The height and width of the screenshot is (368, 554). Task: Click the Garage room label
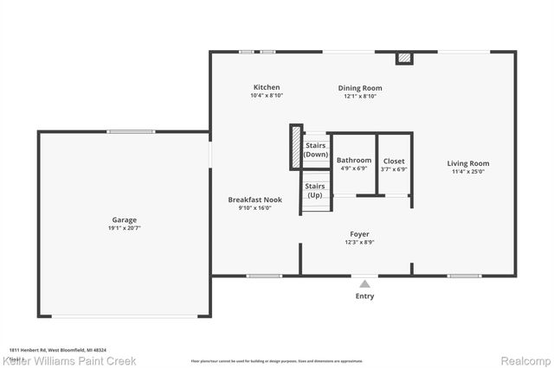124,220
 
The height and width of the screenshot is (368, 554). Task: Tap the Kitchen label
267,87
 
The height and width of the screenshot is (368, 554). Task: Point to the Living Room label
467,163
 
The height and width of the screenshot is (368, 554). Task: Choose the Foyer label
359,234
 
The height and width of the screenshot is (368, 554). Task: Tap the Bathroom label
354,161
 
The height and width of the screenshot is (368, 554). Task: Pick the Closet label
394,161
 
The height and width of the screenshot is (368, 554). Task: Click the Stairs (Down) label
316,149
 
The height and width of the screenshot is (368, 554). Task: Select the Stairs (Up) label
315,190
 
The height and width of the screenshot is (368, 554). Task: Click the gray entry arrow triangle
365,283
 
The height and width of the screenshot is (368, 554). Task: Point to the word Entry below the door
365,296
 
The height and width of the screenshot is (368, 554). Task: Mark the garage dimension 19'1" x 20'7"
124,229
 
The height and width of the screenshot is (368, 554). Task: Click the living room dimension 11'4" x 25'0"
467,172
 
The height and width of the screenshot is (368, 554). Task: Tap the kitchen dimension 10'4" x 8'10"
267,96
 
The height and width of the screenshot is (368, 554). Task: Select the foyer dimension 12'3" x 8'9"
359,243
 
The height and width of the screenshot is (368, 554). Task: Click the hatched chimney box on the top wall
403,58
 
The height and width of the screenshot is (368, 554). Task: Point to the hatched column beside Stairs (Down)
295,147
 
